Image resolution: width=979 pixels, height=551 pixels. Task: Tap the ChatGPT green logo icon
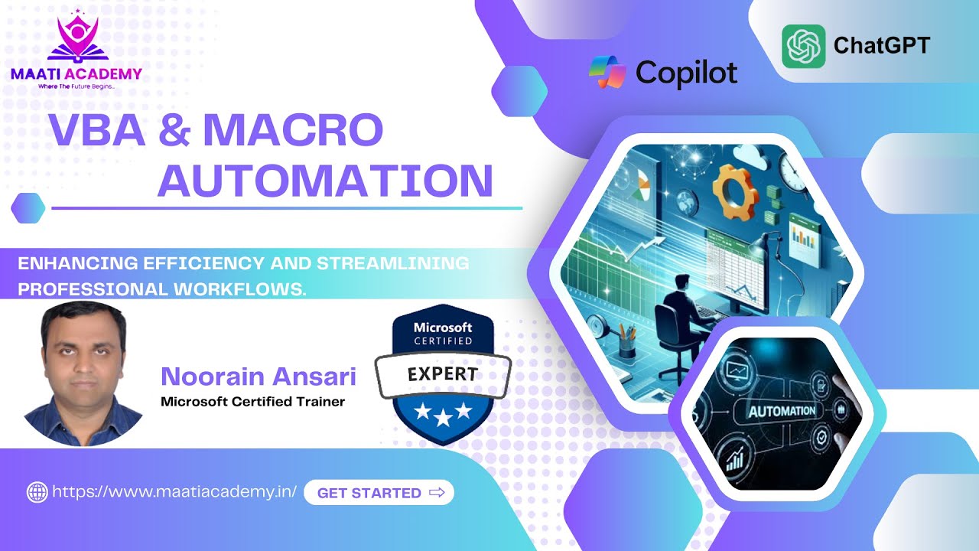(803, 46)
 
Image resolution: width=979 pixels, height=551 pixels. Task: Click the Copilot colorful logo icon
(607, 73)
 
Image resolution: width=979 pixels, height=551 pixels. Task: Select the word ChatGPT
(881, 46)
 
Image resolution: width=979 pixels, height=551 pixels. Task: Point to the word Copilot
(686, 73)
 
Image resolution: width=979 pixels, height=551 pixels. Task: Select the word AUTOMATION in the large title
(325, 181)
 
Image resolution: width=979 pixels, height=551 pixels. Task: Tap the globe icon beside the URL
(37, 493)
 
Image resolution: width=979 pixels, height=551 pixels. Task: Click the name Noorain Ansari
(259, 377)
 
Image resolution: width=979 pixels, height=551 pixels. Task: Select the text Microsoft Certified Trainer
(252, 401)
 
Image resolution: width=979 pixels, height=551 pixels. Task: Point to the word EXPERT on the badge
(443, 374)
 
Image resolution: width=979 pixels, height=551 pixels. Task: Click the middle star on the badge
(443, 414)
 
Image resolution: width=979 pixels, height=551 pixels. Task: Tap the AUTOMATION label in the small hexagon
(781, 411)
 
